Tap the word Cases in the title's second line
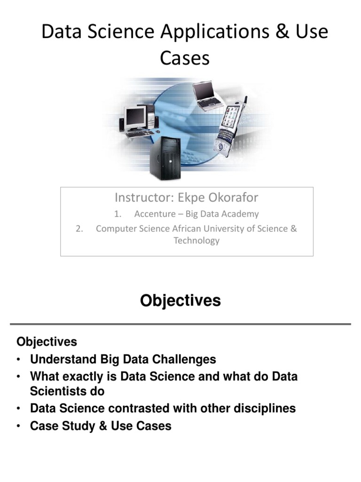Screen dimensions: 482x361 coord(184,58)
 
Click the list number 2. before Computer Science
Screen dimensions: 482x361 coord(79,229)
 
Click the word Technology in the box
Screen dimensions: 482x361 coord(196,241)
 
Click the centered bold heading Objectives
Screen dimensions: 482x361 coord(180,300)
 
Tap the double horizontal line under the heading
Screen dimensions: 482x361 coord(180,324)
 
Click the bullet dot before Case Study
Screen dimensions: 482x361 coord(18,426)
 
